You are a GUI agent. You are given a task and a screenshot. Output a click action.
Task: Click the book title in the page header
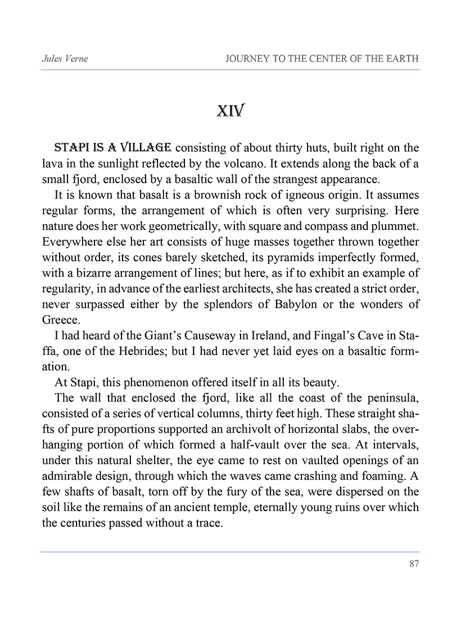click(x=322, y=59)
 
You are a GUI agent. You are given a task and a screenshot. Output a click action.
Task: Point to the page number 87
click(x=414, y=564)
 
